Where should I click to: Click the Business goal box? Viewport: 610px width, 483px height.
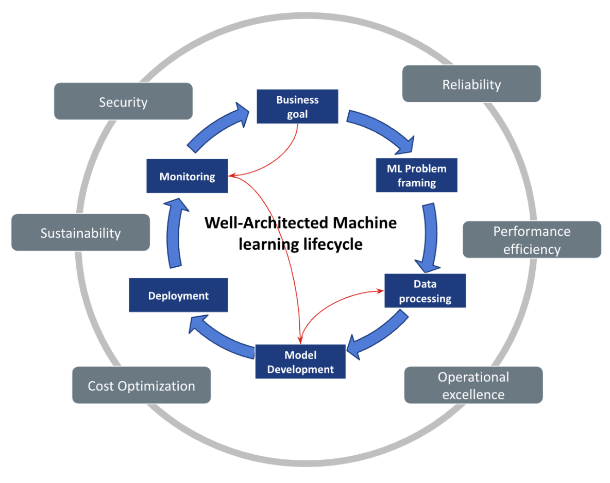tap(297, 107)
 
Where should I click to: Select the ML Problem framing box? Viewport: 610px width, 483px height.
tap(416, 175)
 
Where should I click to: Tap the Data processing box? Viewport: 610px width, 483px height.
tap(425, 291)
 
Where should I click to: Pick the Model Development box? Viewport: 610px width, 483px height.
tap(300, 362)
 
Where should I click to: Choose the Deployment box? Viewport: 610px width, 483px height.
tap(178, 296)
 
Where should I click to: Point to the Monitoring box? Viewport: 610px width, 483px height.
tap(187, 177)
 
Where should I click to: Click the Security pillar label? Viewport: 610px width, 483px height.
tap(123, 101)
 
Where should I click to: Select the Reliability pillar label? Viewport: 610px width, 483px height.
tap(471, 84)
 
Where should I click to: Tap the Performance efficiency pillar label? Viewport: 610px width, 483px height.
tap(532, 240)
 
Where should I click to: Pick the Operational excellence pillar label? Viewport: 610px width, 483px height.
tap(473, 385)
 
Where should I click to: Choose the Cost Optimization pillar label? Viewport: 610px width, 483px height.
tap(141, 385)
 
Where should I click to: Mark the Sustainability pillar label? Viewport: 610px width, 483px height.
tap(80, 233)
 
